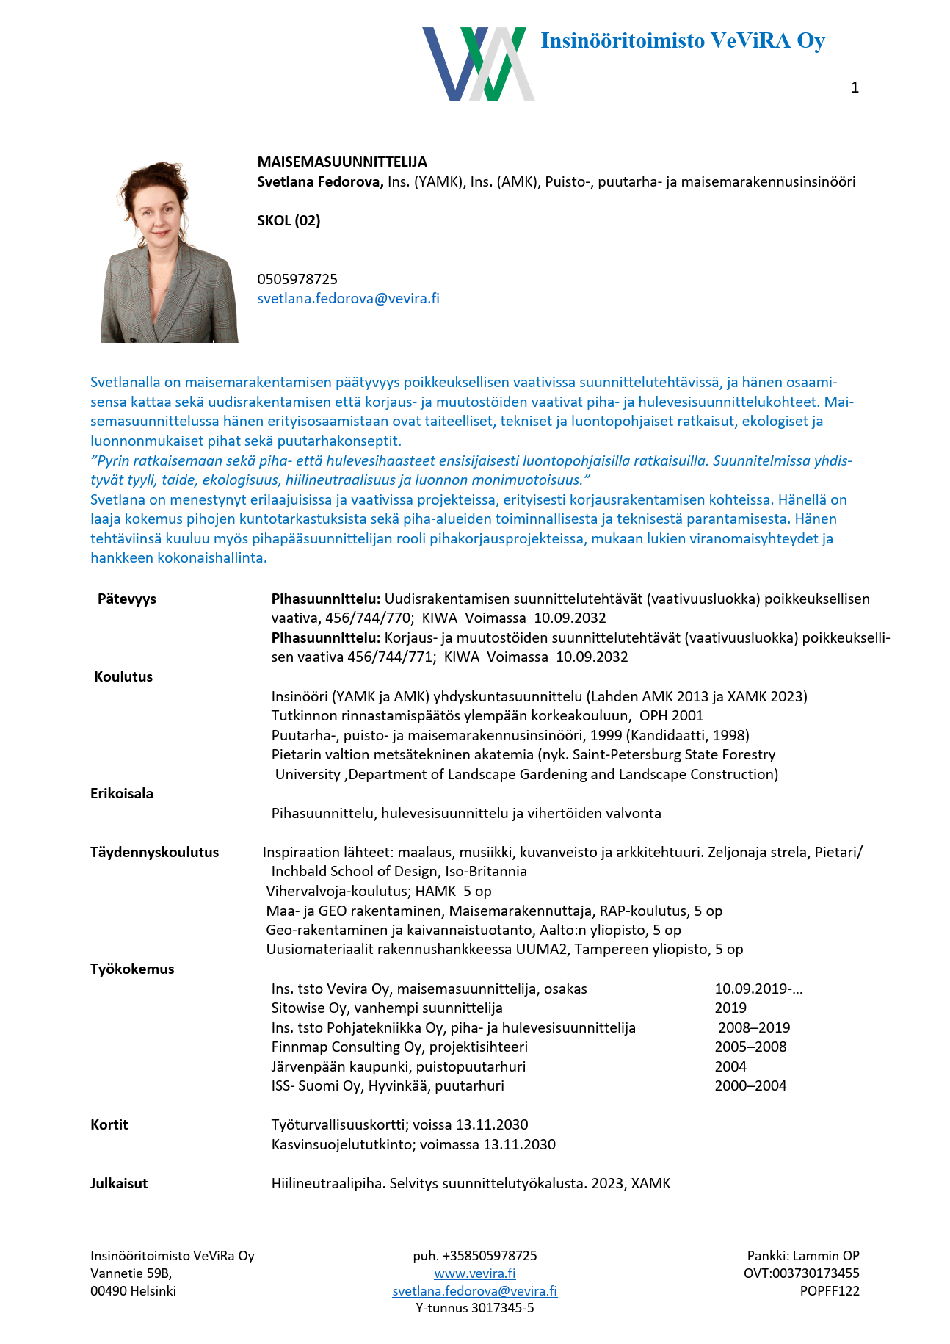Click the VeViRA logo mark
click(478, 64)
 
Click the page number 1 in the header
click(855, 87)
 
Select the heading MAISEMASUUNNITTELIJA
click(342, 162)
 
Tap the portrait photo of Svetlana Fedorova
click(170, 252)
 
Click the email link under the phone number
click(348, 298)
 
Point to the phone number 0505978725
click(297, 279)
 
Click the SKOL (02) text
click(289, 220)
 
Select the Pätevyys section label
click(127, 599)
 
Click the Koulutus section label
click(123, 676)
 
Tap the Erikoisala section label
click(122, 793)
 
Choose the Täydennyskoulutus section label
click(154, 852)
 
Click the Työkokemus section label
click(132, 969)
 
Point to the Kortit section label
click(109, 1124)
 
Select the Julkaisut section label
click(119, 1183)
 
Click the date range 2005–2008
click(750, 1047)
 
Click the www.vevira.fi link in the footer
click(475, 1273)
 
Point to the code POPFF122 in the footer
click(830, 1290)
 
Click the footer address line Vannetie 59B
click(131, 1273)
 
